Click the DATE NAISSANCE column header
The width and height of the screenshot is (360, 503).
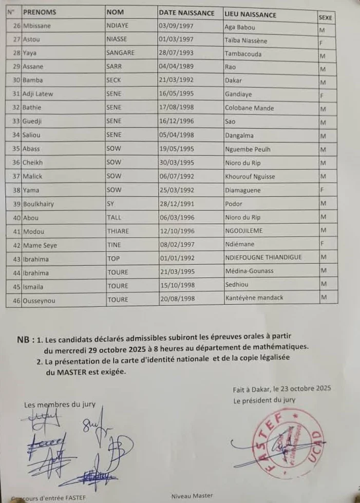pos(186,12)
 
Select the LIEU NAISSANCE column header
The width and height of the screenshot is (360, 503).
pos(250,14)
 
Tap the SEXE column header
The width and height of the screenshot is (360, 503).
pos(325,17)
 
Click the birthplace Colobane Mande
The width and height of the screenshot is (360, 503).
pos(249,108)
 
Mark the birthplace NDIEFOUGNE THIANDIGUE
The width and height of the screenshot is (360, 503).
pos(263,257)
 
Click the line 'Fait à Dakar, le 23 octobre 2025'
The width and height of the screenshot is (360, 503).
pos(280,389)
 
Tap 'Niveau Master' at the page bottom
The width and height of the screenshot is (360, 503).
pos(192,496)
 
